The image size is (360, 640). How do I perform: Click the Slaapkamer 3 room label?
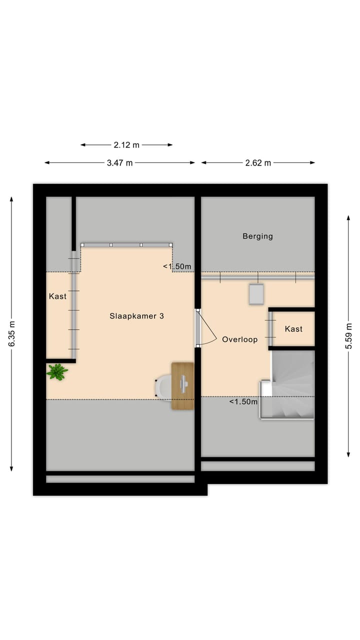pos(136,316)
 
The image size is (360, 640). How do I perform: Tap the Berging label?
pos(257,236)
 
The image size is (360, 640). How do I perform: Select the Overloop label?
pos(239,339)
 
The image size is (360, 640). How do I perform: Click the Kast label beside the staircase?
pos(293,328)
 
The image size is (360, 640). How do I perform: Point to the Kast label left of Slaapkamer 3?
pos(57,296)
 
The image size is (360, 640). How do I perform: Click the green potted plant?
pos(57,371)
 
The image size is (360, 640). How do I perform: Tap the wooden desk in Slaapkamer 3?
pos(182,386)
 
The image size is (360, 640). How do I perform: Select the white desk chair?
pos(163,387)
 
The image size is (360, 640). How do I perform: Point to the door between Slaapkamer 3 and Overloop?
pos(198,328)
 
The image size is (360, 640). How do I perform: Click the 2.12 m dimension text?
pos(126,145)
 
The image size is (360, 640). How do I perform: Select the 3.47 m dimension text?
pos(119,162)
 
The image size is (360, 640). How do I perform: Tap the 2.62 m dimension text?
pos(258,162)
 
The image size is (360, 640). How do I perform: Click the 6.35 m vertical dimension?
pos(11,333)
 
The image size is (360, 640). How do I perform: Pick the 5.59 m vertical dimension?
pos(348,336)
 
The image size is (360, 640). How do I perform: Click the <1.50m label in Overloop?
pos(243,401)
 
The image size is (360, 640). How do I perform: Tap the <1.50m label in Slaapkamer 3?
pos(177,266)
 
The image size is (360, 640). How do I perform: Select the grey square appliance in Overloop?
pos(256,294)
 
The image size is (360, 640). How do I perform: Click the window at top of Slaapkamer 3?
pos(126,244)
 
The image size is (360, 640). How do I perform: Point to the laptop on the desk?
pos(184,384)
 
